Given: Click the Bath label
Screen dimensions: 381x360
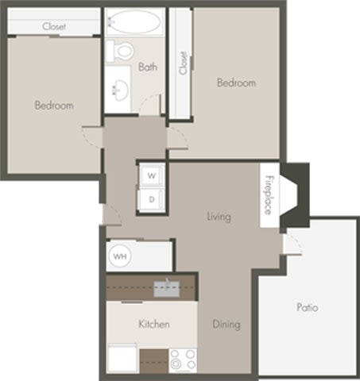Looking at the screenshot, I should (x=148, y=67).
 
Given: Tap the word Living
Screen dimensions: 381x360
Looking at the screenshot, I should (x=218, y=217).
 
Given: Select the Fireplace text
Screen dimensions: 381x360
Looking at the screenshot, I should (x=269, y=194).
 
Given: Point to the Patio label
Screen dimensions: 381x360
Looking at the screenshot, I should (x=308, y=307).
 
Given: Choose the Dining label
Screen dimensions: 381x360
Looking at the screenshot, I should (x=226, y=325).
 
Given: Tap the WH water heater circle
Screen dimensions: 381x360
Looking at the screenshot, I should (x=120, y=256).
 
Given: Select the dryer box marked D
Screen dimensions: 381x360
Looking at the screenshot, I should (x=151, y=198).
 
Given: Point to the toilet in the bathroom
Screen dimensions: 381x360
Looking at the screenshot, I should (x=123, y=50).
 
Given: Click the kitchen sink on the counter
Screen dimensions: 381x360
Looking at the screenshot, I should (x=166, y=287).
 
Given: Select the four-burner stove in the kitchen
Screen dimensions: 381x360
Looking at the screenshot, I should (x=183, y=360).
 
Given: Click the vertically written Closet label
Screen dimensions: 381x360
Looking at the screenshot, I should (x=183, y=63).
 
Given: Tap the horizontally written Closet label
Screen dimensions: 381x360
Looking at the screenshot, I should (x=53, y=26).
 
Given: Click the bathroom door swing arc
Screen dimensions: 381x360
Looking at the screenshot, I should (x=149, y=105).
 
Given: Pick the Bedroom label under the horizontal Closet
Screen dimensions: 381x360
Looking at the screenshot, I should (x=54, y=106).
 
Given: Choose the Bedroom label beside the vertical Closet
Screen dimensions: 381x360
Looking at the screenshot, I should (x=237, y=83).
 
